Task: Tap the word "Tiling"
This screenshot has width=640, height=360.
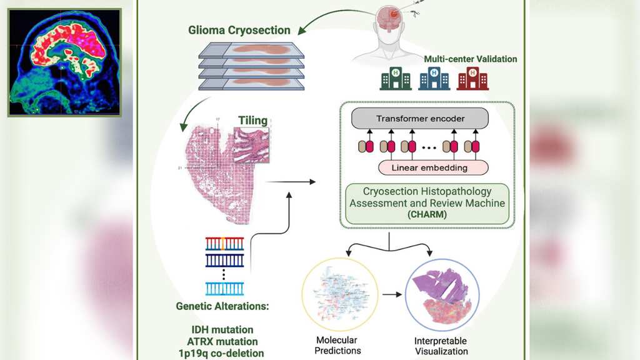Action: pyautogui.click(x=252, y=121)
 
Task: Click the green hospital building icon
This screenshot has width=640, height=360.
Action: pyautogui.click(x=396, y=79)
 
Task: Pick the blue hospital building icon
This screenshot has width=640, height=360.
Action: pyautogui.click(x=434, y=79)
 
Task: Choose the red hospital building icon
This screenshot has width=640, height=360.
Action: pyautogui.click(x=472, y=79)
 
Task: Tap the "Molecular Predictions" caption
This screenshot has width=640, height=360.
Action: pyautogui.click(x=337, y=346)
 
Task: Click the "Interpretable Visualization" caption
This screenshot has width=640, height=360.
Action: pyautogui.click(x=440, y=346)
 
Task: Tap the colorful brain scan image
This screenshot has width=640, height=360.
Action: pyautogui.click(x=64, y=62)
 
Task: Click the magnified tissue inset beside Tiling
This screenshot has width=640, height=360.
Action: pyautogui.click(x=252, y=146)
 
